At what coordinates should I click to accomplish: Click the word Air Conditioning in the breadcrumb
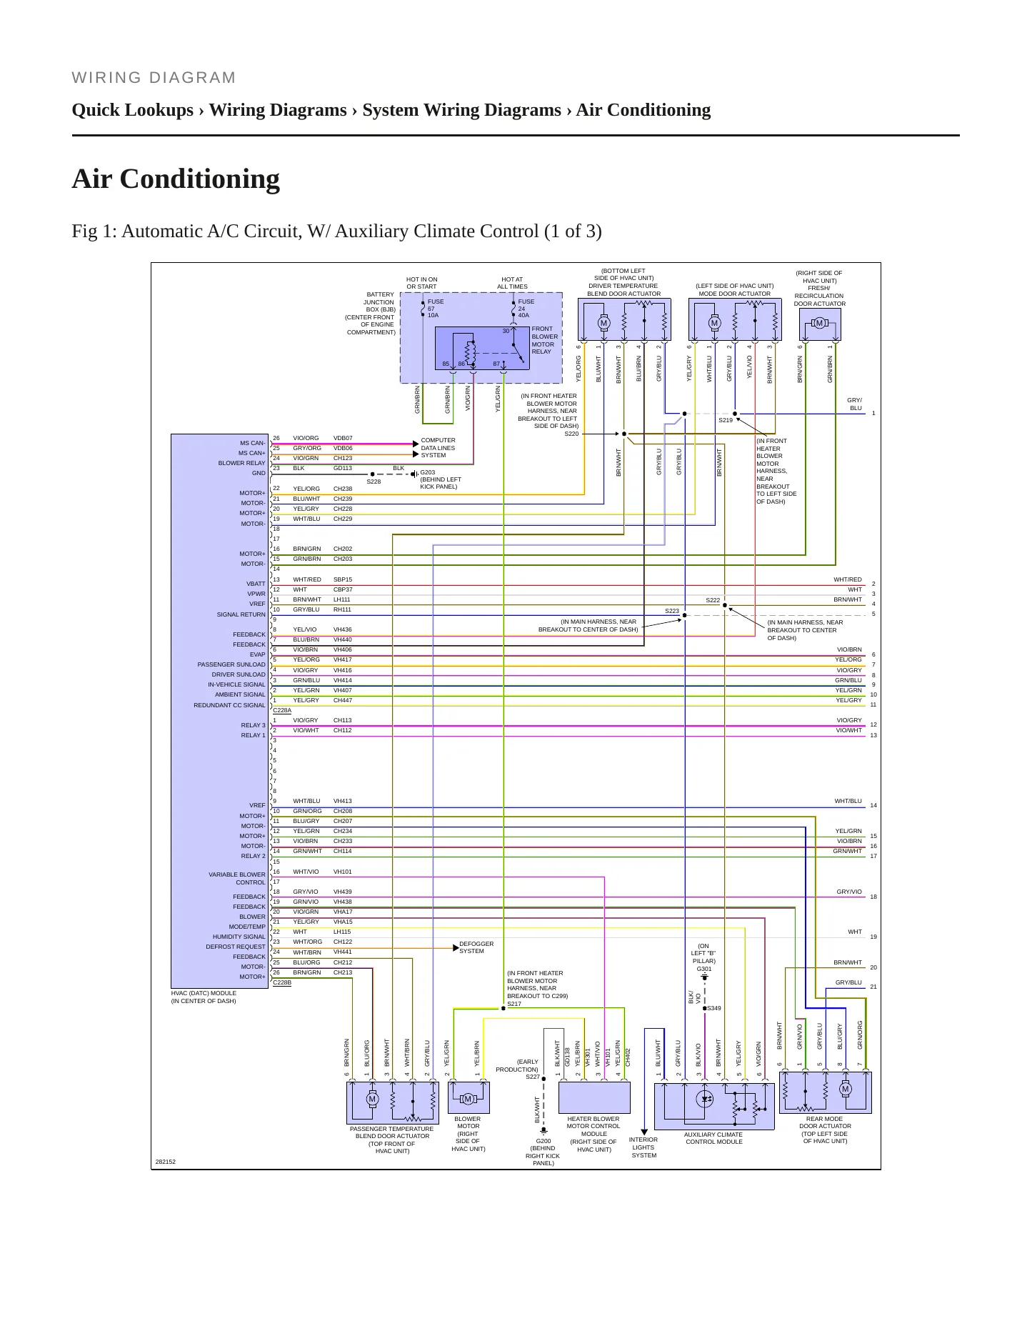pyautogui.click(x=643, y=110)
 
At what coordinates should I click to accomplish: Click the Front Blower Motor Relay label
pyautogui.click(x=545, y=340)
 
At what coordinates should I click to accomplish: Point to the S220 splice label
pyautogui.click(x=571, y=434)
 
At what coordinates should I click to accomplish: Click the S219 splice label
pyautogui.click(x=726, y=420)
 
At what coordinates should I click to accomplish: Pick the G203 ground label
pyautogui.click(x=427, y=472)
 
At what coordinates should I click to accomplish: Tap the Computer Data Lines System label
pyautogui.click(x=438, y=448)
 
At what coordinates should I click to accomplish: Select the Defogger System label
pyautogui.click(x=476, y=947)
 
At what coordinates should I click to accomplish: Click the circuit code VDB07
pyautogui.click(x=343, y=438)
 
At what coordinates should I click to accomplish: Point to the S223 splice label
pyautogui.click(x=672, y=611)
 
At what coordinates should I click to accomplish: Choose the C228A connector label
pyautogui.click(x=282, y=710)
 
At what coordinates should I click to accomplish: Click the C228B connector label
pyautogui.click(x=282, y=982)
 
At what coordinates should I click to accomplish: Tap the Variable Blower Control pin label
pyautogui.click(x=237, y=878)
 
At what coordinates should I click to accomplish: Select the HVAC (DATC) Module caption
pyautogui.click(x=204, y=997)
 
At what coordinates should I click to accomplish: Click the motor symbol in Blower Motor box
pyautogui.click(x=468, y=1099)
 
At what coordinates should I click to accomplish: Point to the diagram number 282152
pyautogui.click(x=166, y=1162)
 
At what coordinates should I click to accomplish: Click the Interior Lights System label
pyautogui.click(x=643, y=1147)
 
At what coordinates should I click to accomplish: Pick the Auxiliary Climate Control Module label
pyautogui.click(x=714, y=1138)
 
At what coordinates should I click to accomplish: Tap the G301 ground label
pyautogui.click(x=704, y=969)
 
